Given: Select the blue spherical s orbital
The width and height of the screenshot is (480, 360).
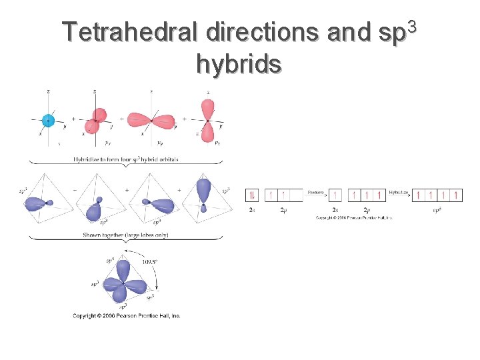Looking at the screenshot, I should [x=47, y=121].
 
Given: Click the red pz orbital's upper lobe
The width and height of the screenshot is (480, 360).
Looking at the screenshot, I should [x=207, y=108].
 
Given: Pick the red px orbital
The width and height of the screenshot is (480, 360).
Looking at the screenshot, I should [x=95, y=120].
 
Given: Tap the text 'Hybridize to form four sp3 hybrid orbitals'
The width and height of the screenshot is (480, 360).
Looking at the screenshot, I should [x=126, y=159].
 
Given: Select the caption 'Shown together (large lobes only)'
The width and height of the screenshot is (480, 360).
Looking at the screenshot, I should [x=125, y=235].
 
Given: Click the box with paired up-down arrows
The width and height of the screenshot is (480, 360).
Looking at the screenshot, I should [x=251, y=195].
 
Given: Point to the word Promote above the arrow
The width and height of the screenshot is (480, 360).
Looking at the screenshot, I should [x=315, y=192].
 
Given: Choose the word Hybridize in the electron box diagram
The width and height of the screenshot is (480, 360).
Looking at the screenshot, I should [x=399, y=192].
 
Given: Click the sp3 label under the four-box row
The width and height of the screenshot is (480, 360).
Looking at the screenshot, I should [x=437, y=210].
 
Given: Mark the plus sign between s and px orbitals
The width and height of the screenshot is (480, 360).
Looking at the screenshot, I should [x=73, y=119].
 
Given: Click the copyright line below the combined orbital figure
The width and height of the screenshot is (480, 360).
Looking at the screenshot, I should [x=126, y=315].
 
